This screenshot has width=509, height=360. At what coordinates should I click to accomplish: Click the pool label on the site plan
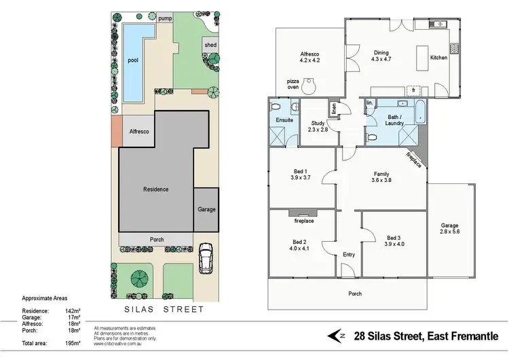pos(133,60)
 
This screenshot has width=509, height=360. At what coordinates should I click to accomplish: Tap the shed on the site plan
pos(210,46)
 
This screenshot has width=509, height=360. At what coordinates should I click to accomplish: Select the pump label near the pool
pos(165,19)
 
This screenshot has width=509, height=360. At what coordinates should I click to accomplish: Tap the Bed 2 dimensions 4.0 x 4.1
pos(300,249)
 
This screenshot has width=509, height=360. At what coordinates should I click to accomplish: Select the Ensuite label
pos(284,120)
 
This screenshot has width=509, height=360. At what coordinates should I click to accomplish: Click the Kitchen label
pos(438,58)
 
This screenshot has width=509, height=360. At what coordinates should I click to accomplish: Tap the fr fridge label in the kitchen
pos(413,90)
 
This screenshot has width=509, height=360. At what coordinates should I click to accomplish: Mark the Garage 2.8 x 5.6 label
pos(449,229)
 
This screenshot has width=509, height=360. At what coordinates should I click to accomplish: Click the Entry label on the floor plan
pos(349,255)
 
